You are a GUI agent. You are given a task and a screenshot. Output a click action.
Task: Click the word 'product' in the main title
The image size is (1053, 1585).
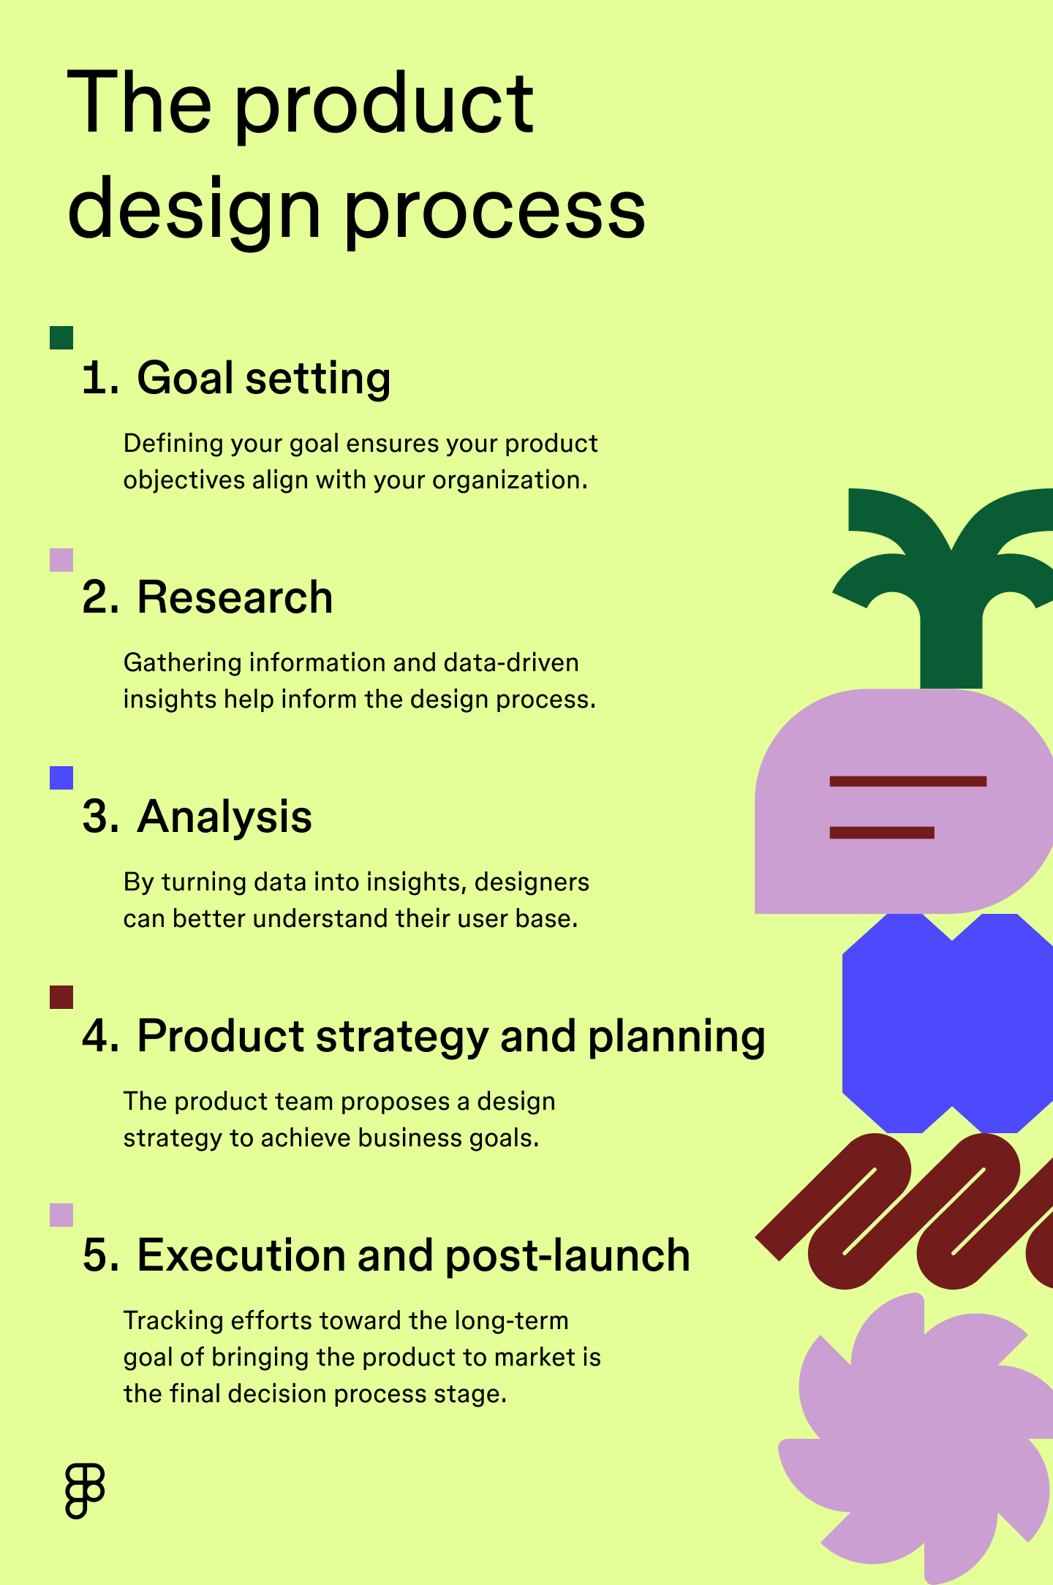[x=384, y=106]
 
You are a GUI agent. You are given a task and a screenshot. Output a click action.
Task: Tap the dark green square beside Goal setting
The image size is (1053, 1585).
[x=61, y=338]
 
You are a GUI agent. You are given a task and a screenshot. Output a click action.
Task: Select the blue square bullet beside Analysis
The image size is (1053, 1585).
[x=61, y=778]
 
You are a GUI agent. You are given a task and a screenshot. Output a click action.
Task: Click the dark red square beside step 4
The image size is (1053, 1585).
[x=61, y=997]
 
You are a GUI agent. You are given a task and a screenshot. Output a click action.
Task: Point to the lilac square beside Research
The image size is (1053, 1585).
[x=61, y=560]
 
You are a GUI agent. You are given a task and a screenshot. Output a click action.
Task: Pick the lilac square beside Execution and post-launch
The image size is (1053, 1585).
[x=61, y=1215]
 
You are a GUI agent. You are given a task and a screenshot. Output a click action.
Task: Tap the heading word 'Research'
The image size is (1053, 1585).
[x=235, y=597]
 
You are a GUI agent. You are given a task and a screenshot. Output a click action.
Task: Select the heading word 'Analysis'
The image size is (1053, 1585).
[x=224, y=817]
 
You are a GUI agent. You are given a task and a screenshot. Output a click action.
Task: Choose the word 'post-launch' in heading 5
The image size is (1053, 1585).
[x=567, y=1256]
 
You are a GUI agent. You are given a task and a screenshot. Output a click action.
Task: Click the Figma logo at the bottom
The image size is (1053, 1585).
[x=85, y=1491]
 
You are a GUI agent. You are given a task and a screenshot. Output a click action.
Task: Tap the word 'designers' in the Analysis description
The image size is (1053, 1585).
[x=532, y=882]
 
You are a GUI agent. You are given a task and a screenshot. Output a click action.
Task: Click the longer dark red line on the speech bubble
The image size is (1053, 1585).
[x=907, y=782]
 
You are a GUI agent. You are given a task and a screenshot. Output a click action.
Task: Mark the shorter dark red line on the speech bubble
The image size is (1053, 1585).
[x=882, y=833]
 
